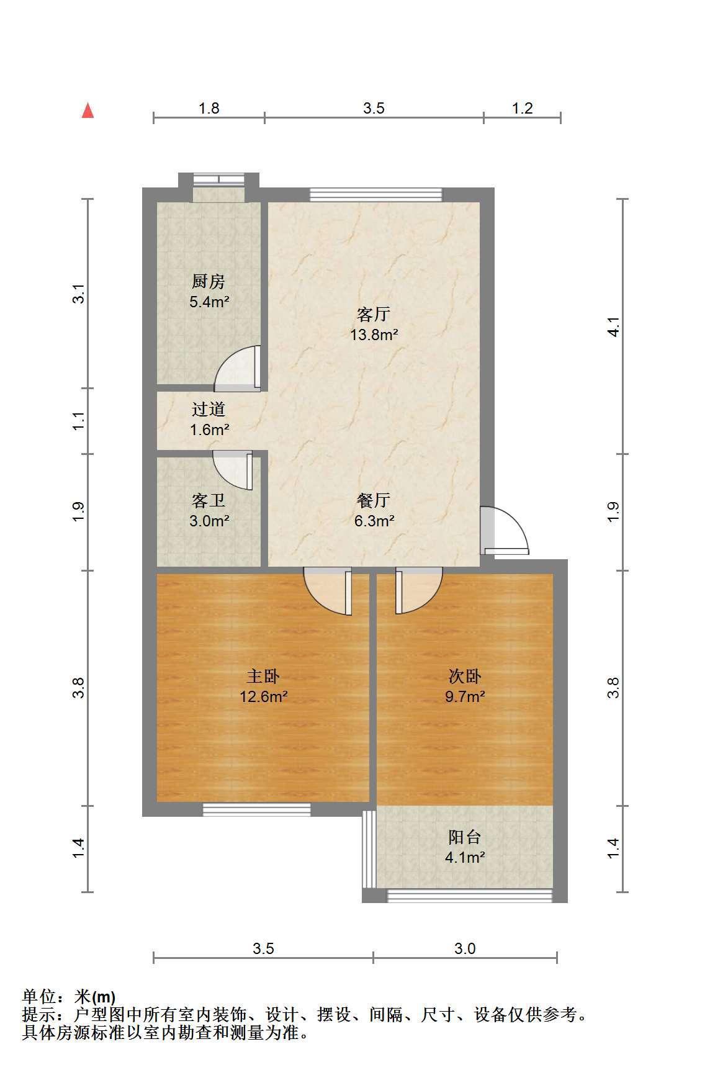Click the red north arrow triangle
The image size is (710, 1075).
click(88, 110)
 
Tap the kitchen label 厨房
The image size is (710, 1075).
click(208, 282)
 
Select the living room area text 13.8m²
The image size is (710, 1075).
click(374, 335)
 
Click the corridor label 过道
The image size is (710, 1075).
click(208, 409)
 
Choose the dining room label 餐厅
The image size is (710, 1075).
click(374, 500)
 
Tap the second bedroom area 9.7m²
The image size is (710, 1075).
click(465, 696)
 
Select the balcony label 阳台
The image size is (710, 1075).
click(465, 837)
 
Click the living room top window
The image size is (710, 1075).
click(376, 195)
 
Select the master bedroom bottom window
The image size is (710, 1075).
click(256, 809)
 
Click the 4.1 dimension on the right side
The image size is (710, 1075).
click(613, 326)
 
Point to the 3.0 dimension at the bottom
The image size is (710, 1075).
click(465, 948)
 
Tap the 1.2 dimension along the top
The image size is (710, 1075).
click(523, 108)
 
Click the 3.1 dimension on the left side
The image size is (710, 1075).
click(78, 294)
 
